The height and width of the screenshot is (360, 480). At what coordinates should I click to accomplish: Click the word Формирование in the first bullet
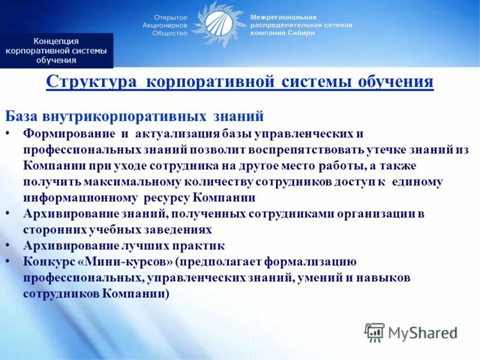(x=64, y=133)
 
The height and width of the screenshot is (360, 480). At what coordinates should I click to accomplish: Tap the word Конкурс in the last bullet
(x=49, y=262)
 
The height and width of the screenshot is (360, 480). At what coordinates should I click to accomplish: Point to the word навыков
(x=384, y=278)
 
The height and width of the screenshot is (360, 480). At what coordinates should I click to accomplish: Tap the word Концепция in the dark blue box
(x=56, y=41)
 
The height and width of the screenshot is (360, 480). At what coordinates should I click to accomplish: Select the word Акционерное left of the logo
(x=165, y=26)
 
